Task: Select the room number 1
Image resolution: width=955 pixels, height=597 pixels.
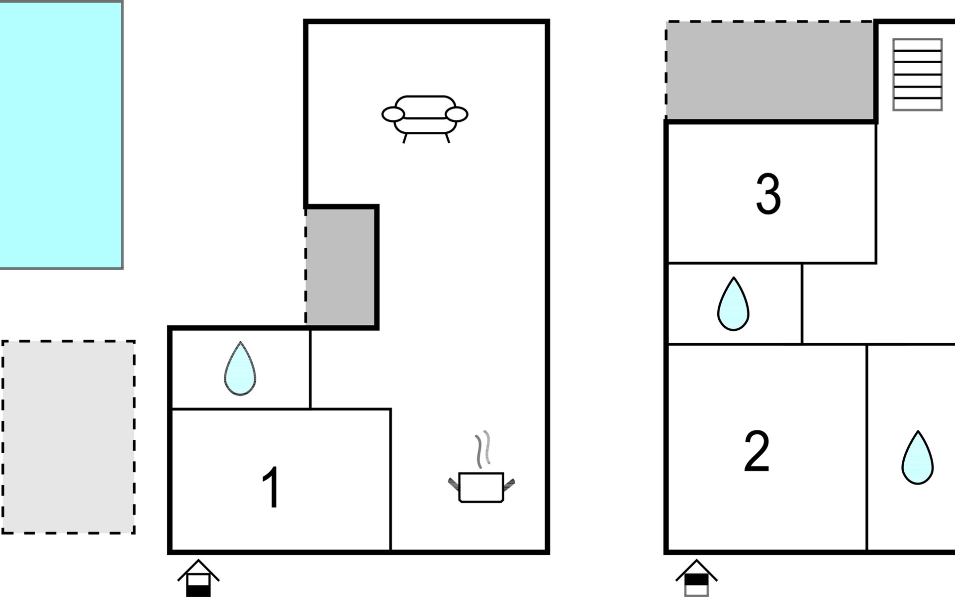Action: coord(272,488)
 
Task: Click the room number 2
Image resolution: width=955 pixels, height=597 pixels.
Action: coord(757,452)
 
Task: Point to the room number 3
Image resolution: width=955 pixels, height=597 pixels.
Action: coord(768,194)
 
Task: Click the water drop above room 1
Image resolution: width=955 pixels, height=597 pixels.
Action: coord(240,368)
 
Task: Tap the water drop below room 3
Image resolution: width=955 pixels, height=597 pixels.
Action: coord(734,303)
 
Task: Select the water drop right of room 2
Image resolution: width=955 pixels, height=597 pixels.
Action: coord(918,457)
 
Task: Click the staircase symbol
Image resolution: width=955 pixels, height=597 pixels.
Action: coord(918,75)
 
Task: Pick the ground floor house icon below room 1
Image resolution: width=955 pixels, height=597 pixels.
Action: coord(198,578)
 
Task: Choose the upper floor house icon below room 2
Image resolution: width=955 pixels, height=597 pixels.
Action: coord(696,578)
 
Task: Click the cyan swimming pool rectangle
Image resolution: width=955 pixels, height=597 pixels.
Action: coord(61,135)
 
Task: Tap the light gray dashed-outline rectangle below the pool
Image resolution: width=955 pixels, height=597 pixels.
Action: coord(69,437)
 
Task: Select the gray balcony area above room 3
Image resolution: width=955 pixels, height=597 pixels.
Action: coord(769,70)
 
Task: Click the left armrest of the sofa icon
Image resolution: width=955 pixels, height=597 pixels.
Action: coord(393,114)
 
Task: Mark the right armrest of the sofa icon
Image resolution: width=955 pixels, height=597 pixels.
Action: coord(457,114)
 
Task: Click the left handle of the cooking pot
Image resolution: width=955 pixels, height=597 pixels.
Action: coord(454,485)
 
